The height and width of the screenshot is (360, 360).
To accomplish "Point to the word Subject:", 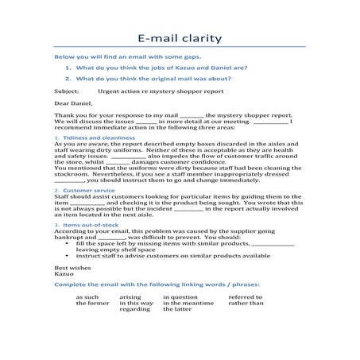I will point(66,91).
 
